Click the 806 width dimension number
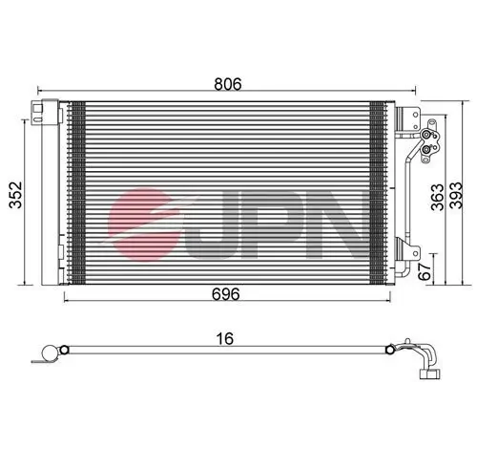pos(227,83)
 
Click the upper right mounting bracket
pos(407,119)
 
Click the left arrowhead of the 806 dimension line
pos(40,95)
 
